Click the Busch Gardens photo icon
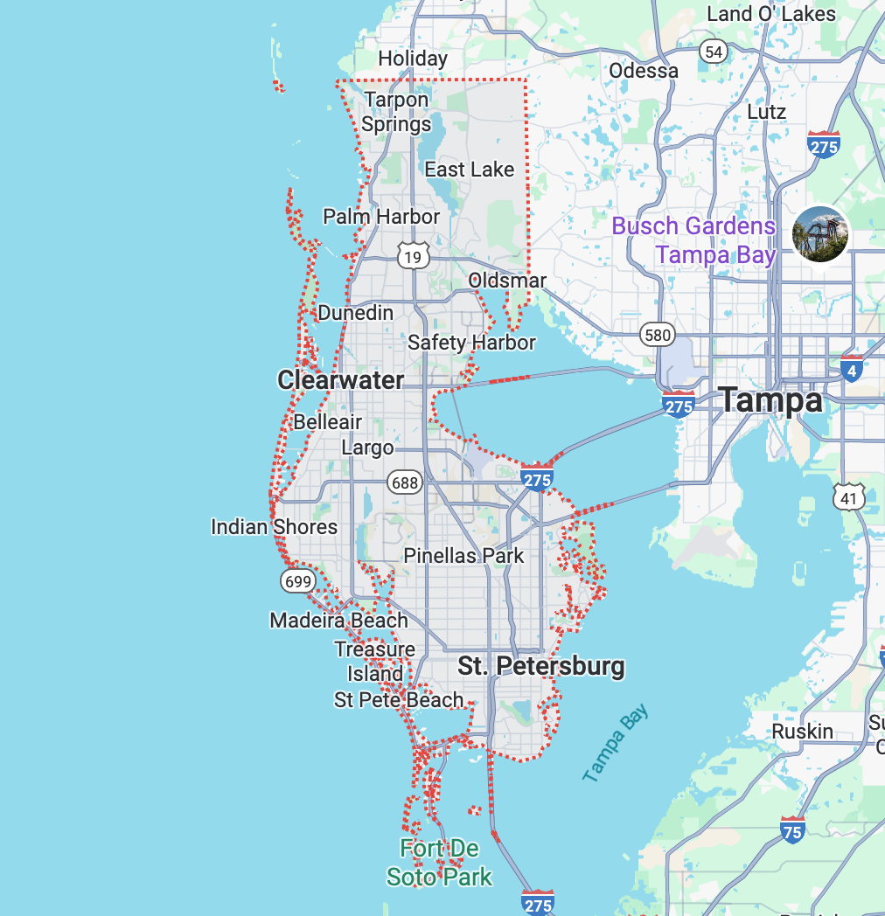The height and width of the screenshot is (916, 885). pyautogui.click(x=820, y=233)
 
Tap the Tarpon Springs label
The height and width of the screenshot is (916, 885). pyautogui.click(x=396, y=112)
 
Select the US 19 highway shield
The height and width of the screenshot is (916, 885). pyautogui.click(x=412, y=255)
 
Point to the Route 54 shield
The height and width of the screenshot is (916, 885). pyautogui.click(x=714, y=52)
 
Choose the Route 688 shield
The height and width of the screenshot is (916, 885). pyautogui.click(x=406, y=482)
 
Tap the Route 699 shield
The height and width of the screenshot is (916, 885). pyautogui.click(x=297, y=580)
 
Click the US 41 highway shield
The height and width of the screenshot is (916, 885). pyautogui.click(x=849, y=497)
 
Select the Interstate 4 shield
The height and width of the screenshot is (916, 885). pyautogui.click(x=851, y=369)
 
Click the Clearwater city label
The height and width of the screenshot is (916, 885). pyautogui.click(x=340, y=380)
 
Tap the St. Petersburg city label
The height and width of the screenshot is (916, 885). pyautogui.click(x=541, y=666)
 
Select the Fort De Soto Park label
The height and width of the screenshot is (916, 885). pyautogui.click(x=440, y=862)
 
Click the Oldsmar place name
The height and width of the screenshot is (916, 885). pyautogui.click(x=507, y=281)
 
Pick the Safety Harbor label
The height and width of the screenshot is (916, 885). pyautogui.click(x=471, y=342)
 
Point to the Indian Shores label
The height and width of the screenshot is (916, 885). pyautogui.click(x=274, y=527)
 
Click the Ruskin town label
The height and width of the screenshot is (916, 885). pyautogui.click(x=802, y=731)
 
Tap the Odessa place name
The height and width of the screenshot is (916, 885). pyautogui.click(x=644, y=71)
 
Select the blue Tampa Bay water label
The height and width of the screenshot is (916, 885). pyautogui.click(x=617, y=743)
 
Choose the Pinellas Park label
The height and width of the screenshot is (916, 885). pyautogui.click(x=463, y=556)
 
